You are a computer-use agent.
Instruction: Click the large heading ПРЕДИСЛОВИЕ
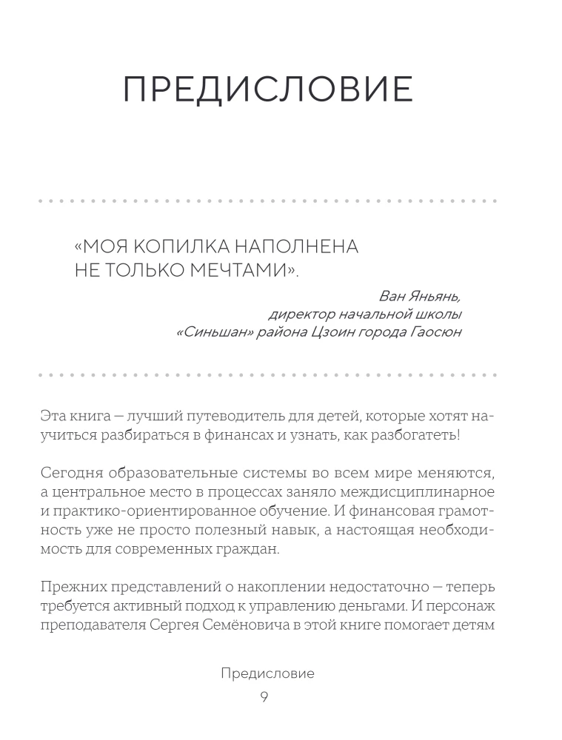[x=267, y=89]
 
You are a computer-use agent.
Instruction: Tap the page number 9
[x=264, y=698]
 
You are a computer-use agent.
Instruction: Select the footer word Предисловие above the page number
[x=268, y=673]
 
